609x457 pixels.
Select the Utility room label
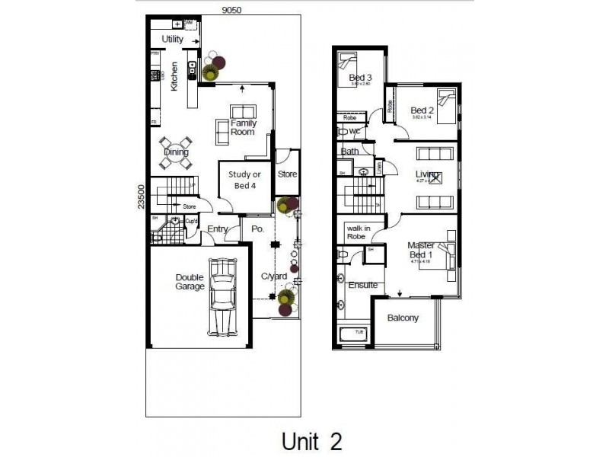pyautogui.click(x=172, y=38)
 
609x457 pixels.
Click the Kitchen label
pyautogui.click(x=174, y=76)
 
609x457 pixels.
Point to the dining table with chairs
pyautogui.click(x=176, y=152)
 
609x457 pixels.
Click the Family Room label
pyautogui.click(x=243, y=127)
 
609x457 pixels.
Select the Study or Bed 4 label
pyautogui.click(x=244, y=180)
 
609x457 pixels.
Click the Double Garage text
pyautogui.click(x=190, y=282)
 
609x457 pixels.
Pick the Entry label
pyautogui.click(x=218, y=229)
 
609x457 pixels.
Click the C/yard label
pyautogui.click(x=274, y=276)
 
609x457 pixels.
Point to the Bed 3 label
pyautogui.click(x=360, y=78)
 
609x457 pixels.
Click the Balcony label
pyautogui.click(x=403, y=318)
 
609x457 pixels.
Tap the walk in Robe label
pyautogui.click(x=358, y=232)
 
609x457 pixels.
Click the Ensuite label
pyautogui.click(x=363, y=285)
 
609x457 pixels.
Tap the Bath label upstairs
pyautogui.click(x=349, y=152)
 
